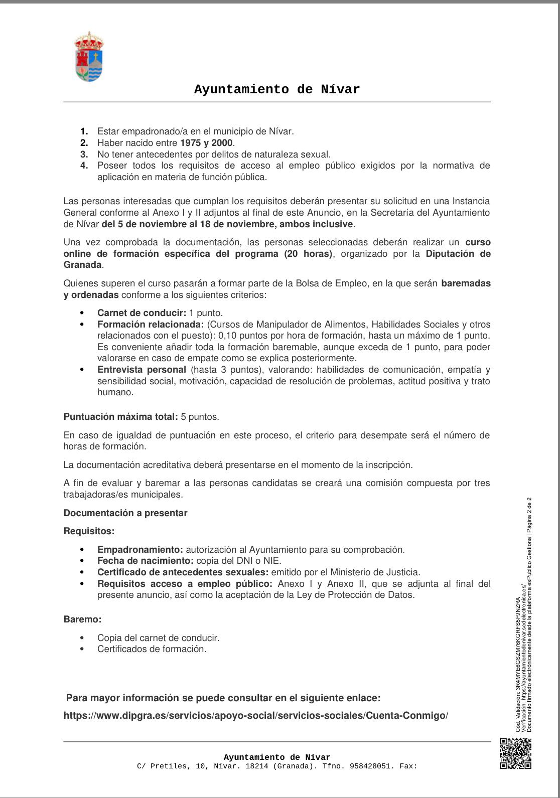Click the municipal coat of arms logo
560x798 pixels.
pos(89,57)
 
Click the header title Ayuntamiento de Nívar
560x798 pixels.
pos(277,90)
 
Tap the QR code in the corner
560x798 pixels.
pos(516,753)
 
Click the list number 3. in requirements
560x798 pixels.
pos(84,154)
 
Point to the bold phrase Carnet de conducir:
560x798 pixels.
pos(142,313)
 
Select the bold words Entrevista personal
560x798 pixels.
pos(142,370)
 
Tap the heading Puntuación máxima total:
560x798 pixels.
pos(120,416)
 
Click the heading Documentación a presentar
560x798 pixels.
pos(125,513)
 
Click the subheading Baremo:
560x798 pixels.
pos(82,619)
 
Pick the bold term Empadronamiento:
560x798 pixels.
pos(140,550)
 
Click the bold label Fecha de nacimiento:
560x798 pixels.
pos(145,561)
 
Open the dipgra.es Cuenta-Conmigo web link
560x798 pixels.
pos(256,716)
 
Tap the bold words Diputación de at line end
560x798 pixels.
pos(458,254)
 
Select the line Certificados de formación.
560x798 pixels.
pos(152,649)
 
